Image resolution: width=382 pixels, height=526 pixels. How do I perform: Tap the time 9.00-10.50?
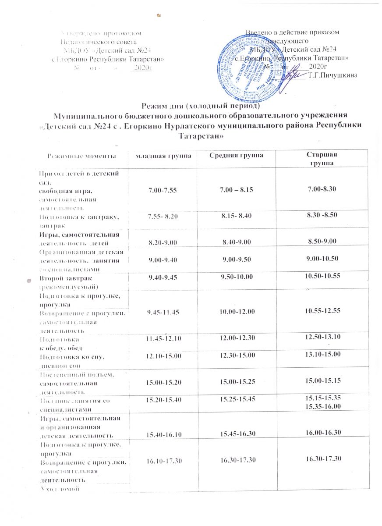click(319, 259)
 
